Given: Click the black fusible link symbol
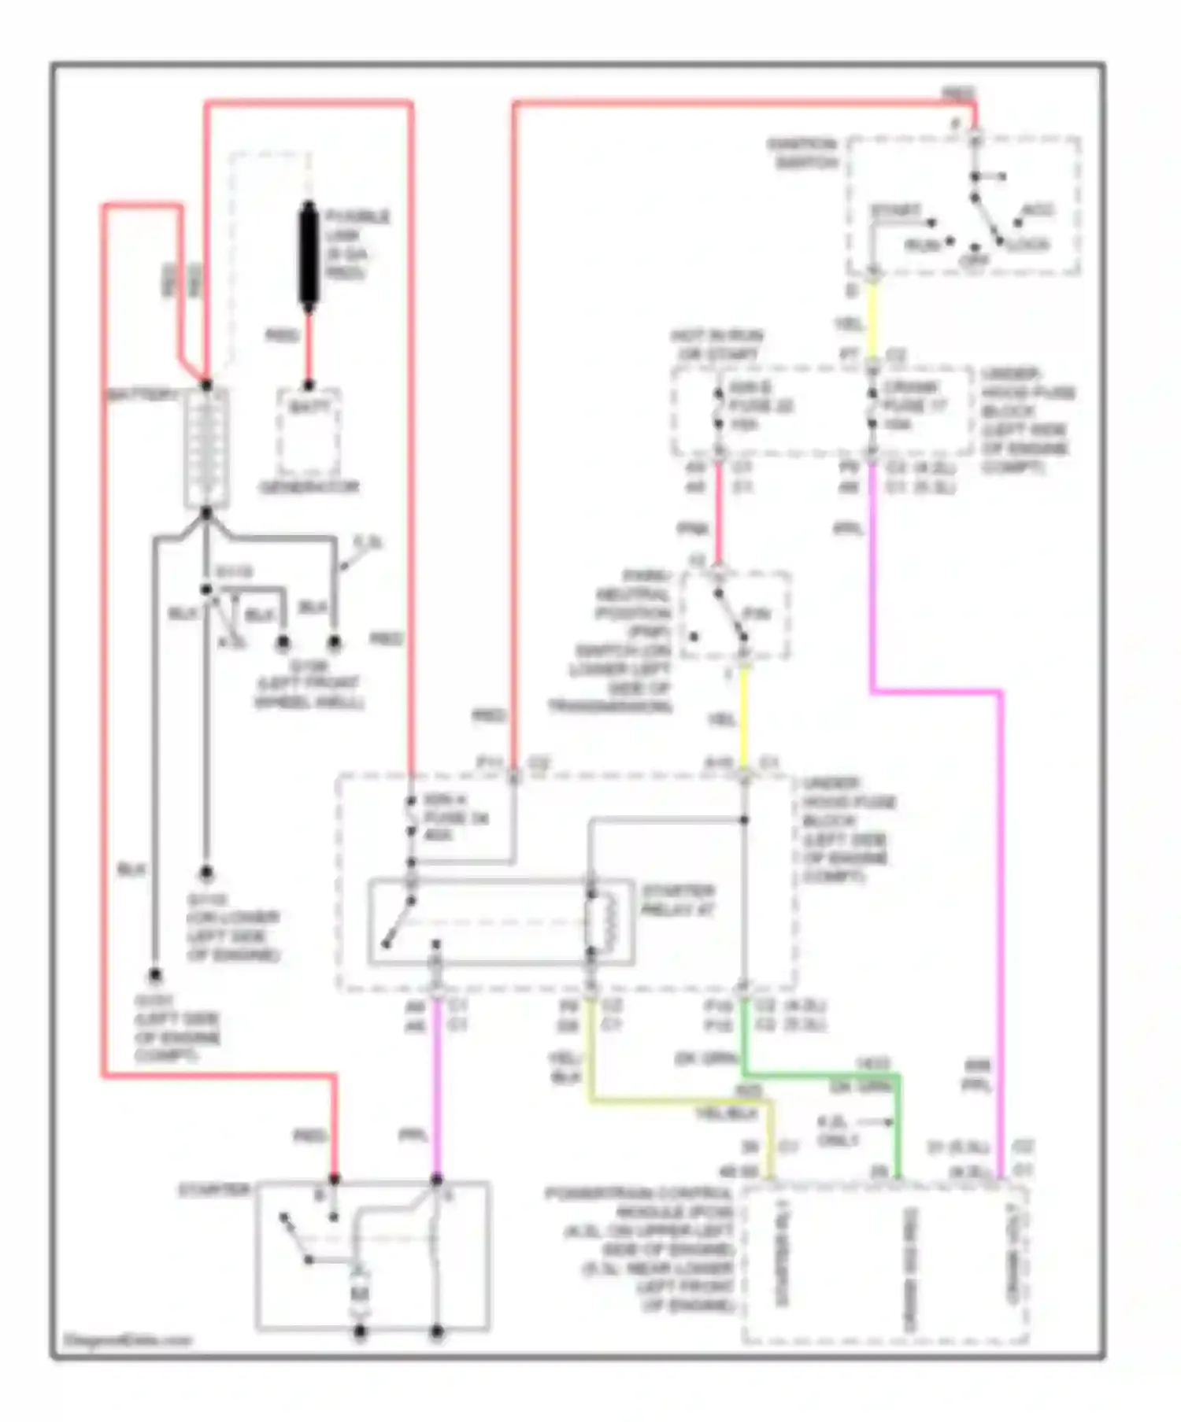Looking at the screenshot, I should (309, 253).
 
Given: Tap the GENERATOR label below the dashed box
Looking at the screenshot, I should (309, 487).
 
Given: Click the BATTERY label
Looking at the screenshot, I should (142, 393).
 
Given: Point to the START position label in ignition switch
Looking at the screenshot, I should (896, 211).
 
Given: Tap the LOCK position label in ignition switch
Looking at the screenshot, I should (1028, 245).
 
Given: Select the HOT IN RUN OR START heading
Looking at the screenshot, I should (716, 345).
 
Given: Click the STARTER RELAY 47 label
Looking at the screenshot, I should (678, 900).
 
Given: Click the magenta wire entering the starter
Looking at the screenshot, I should (436, 1102).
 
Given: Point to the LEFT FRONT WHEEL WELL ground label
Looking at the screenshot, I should (309, 692).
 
